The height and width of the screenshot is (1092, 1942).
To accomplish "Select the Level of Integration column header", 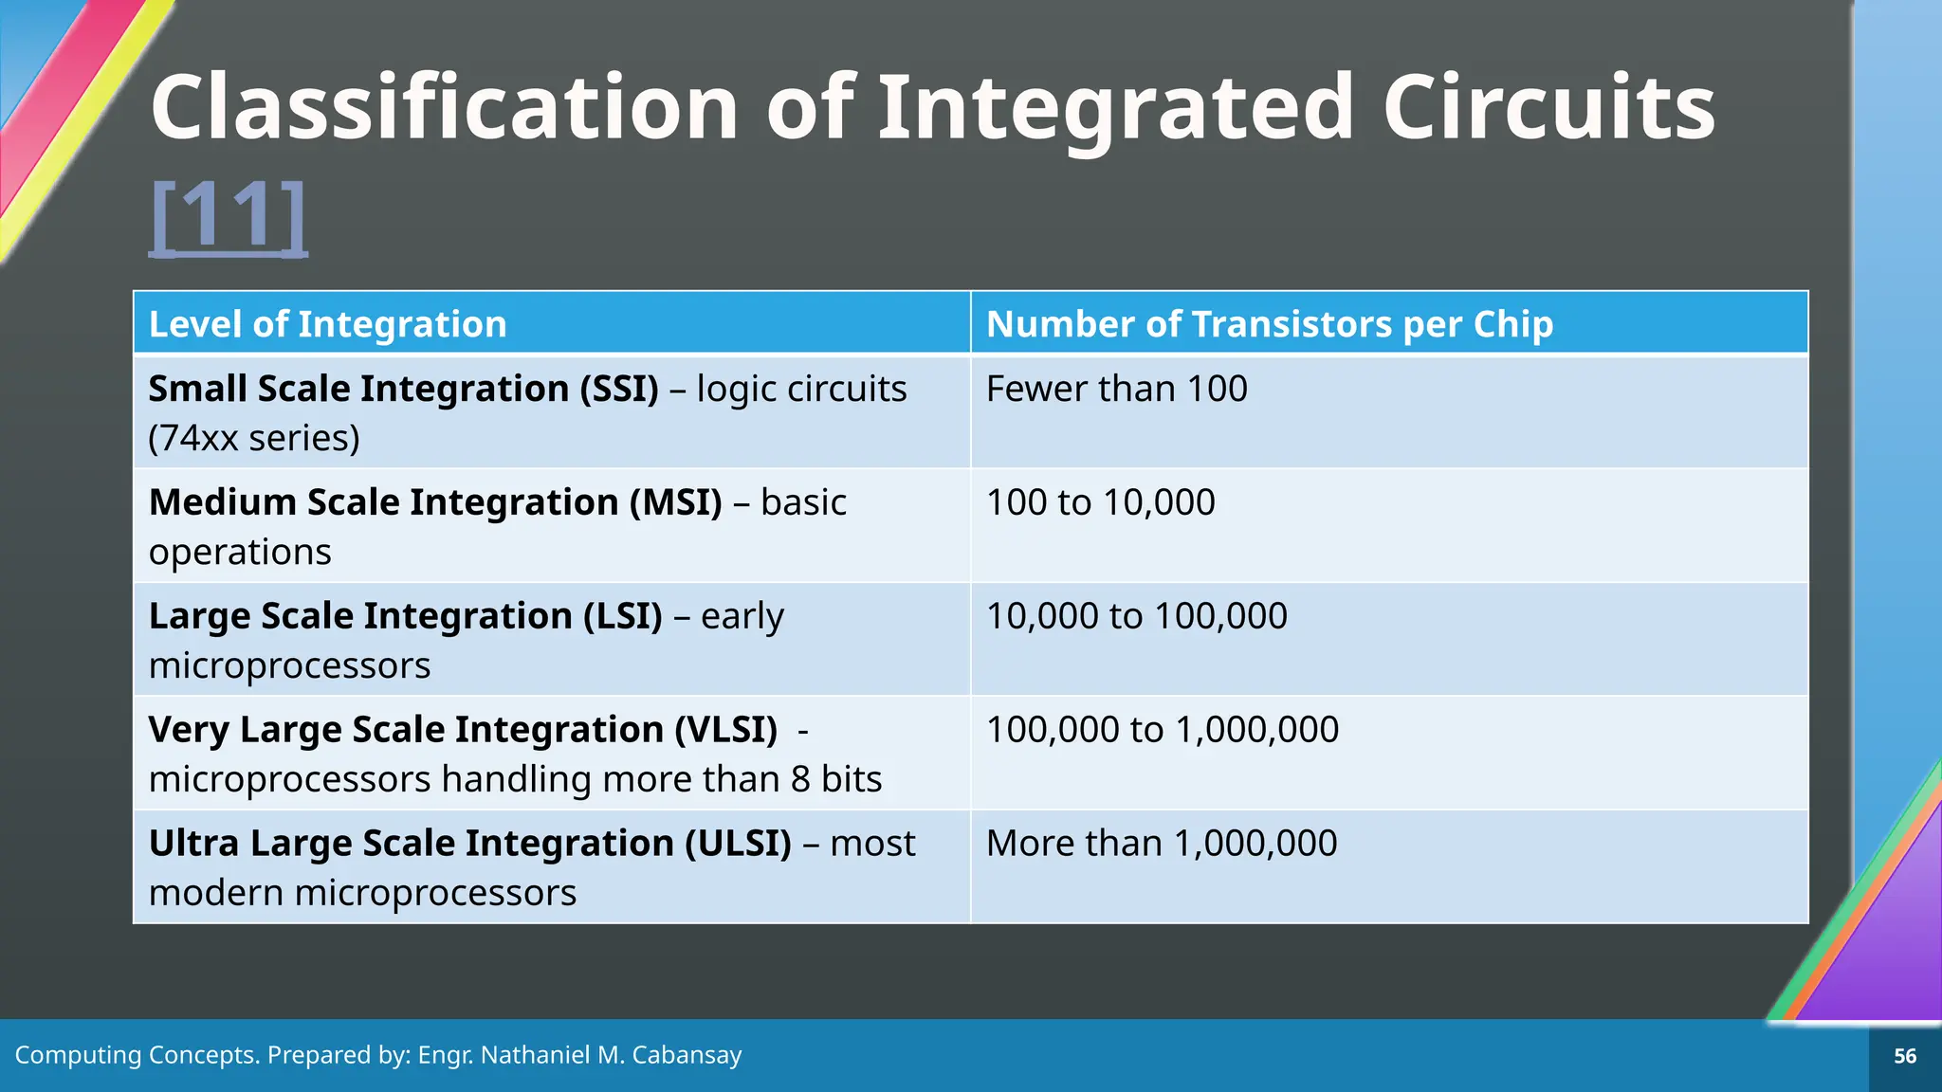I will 328,324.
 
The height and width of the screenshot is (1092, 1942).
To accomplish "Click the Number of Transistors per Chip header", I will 1269,324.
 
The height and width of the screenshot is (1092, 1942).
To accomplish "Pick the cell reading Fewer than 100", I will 1116,390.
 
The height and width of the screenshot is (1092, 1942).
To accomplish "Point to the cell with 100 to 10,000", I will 1100,502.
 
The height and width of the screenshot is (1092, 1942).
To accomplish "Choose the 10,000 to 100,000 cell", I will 1136,616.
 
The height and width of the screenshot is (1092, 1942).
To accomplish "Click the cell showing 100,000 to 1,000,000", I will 1162,730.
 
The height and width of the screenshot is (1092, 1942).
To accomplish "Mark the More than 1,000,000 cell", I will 1161,844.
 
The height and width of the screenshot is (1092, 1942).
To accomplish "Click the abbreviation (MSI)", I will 675,502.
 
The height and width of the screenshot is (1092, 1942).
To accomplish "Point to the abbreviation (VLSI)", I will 725,730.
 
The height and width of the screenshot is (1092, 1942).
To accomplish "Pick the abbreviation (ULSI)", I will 738,844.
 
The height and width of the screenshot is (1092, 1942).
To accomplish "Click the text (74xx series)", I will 254,439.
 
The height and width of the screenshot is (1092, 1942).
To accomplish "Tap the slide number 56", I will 1904,1056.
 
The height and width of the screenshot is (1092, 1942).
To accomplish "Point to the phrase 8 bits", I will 835,779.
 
